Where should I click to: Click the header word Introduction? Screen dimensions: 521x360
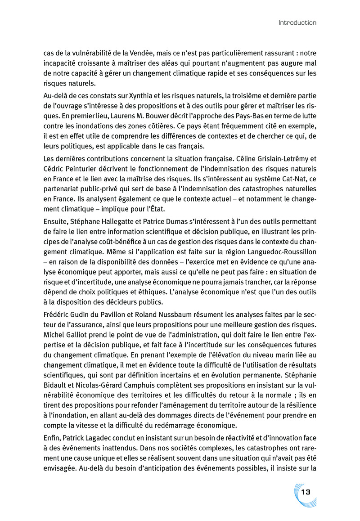pos(297,22)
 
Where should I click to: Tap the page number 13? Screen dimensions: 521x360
pos(306,492)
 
